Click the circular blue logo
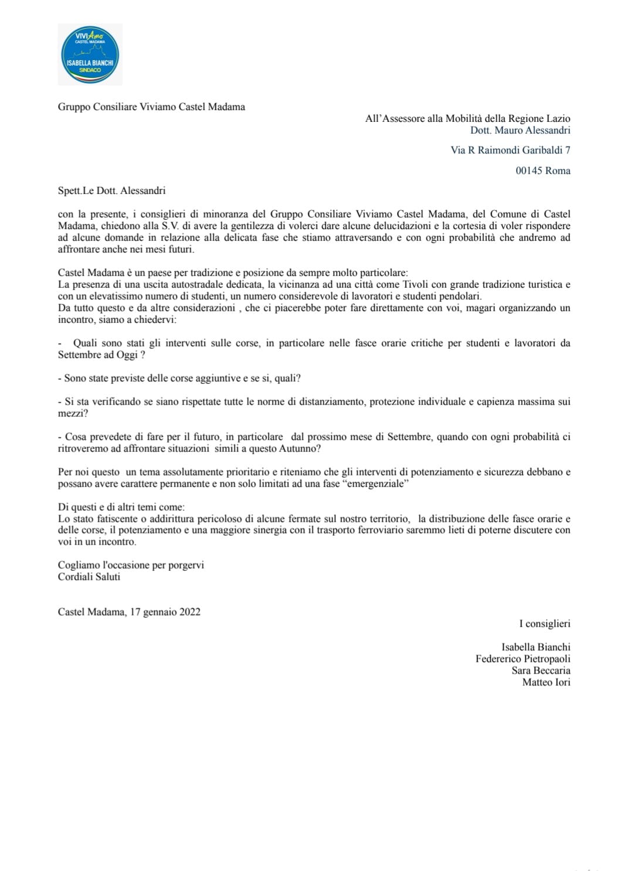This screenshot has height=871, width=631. pyautogui.click(x=90, y=55)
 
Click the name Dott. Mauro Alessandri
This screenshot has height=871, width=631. pyautogui.click(x=520, y=130)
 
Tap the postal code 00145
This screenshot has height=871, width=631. pyautogui.click(x=529, y=171)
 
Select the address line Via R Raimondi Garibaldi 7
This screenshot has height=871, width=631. pyautogui.click(x=510, y=150)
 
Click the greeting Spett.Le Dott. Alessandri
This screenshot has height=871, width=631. pyautogui.click(x=111, y=190)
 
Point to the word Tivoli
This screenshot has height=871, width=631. pyautogui.click(x=415, y=284)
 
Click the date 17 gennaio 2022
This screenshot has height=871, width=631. pyautogui.click(x=165, y=612)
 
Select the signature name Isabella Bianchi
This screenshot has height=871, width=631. pyautogui.click(x=535, y=647)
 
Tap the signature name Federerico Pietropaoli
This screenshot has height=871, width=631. pyautogui.click(x=523, y=659)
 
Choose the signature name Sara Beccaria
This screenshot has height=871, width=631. pyautogui.click(x=541, y=671)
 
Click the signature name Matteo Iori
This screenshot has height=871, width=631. pyautogui.click(x=546, y=682)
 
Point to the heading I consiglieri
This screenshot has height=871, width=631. pyautogui.click(x=544, y=624)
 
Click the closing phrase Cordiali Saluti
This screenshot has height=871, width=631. pyautogui.click(x=89, y=577)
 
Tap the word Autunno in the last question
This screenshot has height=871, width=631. pyautogui.click(x=298, y=448)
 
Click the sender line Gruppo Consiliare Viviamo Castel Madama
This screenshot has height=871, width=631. pyautogui.click(x=151, y=107)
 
